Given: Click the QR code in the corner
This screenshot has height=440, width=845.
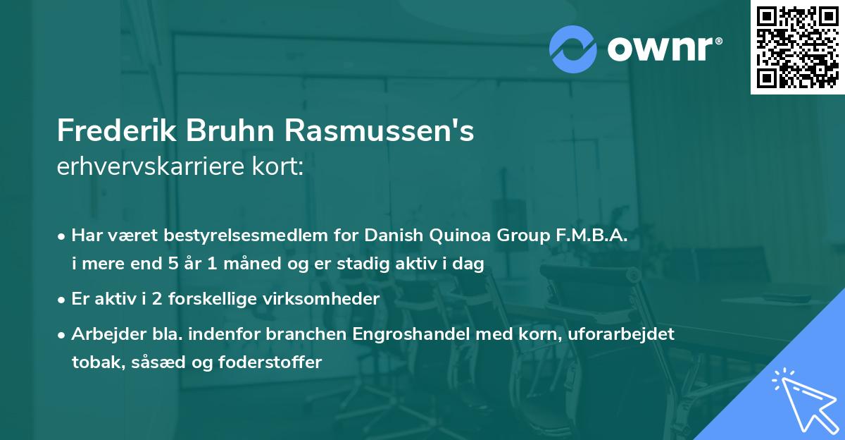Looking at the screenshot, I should (797, 47).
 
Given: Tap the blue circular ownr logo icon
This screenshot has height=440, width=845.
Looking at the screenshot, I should (573, 49).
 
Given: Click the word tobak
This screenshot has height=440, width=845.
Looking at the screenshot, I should (94, 362).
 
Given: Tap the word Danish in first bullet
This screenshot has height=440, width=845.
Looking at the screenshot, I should (389, 236).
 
